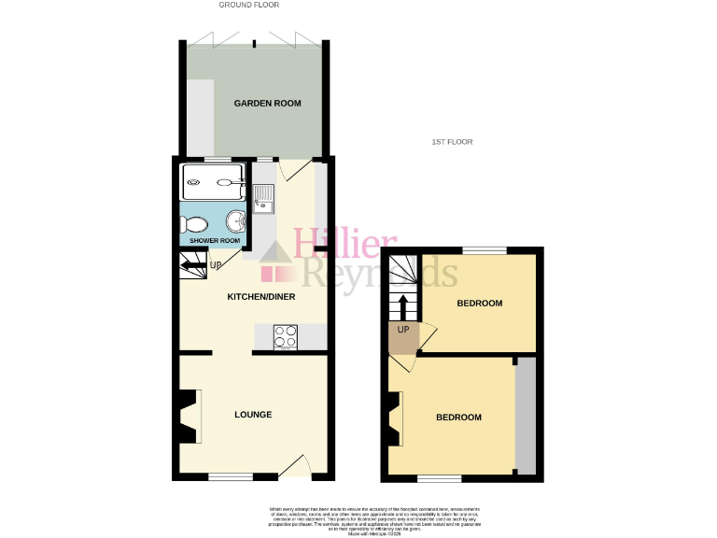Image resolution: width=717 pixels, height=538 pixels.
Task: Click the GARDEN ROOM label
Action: coord(267,103)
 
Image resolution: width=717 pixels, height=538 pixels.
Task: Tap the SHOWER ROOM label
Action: coord(215,241)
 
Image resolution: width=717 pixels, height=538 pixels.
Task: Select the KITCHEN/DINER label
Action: coord(261,297)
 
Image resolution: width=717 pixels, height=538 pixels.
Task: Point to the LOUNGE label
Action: coord(253,415)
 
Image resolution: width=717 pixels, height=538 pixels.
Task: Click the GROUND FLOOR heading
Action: coord(246,5)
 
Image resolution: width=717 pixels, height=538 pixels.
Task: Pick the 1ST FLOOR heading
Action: coord(452,142)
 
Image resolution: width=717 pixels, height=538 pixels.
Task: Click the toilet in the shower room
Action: coord(196,224)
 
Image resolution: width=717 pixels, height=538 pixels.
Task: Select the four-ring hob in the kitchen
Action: coord(286,335)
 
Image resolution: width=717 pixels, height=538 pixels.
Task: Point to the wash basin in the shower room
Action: coord(238,221)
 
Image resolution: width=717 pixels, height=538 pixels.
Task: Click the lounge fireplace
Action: coord(190,416)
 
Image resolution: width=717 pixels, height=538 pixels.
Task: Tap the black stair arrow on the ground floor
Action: coord(194,266)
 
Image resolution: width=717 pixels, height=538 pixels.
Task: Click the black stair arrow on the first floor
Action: coord(403,304)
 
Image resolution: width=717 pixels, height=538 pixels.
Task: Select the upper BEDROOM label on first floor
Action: coord(480,304)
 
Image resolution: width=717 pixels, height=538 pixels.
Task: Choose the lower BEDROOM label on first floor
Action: coord(458,418)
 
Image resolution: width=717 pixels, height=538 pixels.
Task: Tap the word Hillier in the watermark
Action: coord(346,245)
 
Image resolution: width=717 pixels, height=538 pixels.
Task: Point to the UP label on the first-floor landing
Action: coord(403,330)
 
